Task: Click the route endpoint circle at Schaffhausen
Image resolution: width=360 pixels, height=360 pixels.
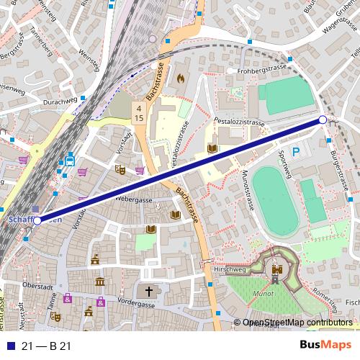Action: click(x=37, y=220)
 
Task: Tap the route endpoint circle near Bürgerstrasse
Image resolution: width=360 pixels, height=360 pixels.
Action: click(x=323, y=120)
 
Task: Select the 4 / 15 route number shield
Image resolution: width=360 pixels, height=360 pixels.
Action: click(x=138, y=112)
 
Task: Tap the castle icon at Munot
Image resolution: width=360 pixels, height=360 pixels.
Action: click(x=276, y=271)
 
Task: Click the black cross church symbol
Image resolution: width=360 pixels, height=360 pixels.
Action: click(x=150, y=292)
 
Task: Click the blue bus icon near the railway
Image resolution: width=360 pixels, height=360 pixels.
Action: click(x=69, y=161)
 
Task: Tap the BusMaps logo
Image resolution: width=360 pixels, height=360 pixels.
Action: click(x=321, y=345)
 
